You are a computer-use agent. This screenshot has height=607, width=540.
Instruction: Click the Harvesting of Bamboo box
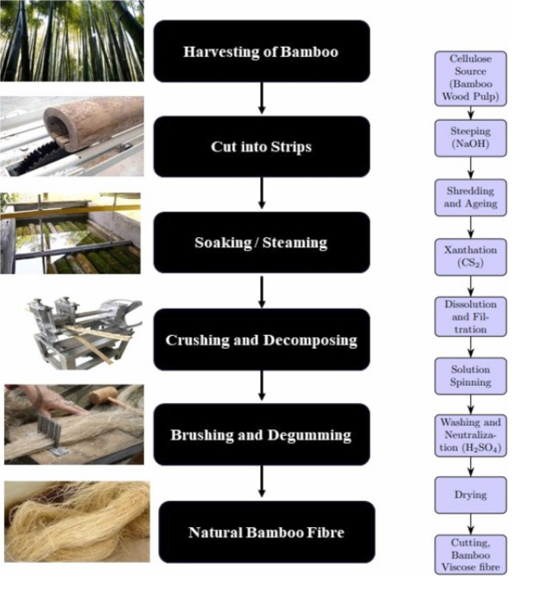point(261,51)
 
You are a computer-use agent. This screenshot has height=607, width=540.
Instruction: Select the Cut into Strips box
point(261,146)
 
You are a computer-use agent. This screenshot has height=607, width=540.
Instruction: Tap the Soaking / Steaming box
point(261,242)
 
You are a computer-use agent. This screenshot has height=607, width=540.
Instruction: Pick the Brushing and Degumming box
point(261,434)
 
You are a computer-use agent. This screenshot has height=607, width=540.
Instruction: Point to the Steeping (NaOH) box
point(470,138)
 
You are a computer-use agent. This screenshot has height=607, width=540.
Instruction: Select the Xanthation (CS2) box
point(470,256)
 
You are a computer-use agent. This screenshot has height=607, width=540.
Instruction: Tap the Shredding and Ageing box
point(470,196)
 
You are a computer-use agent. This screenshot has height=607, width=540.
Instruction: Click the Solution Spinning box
point(470,375)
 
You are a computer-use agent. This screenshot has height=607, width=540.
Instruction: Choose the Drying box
point(470,494)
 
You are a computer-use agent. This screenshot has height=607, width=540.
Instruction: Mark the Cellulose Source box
point(470,78)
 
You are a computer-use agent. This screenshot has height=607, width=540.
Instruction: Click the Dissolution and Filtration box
point(470,315)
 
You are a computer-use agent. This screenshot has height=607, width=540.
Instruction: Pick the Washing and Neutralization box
point(470,434)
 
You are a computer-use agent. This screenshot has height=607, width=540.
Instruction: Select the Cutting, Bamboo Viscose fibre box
point(470,553)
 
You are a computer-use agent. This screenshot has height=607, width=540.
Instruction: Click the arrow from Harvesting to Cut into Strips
point(261,99)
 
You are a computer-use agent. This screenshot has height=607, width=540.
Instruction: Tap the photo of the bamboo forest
point(71,40)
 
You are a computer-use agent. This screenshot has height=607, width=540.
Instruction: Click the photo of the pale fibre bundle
point(77,521)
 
